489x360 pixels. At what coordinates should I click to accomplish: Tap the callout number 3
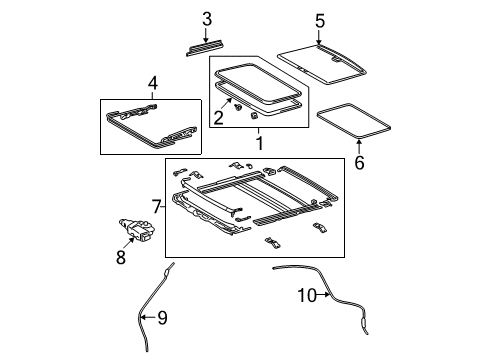click(207, 18)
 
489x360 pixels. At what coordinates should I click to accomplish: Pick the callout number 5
click(320, 20)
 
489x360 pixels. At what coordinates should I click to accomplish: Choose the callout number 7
click(155, 207)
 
